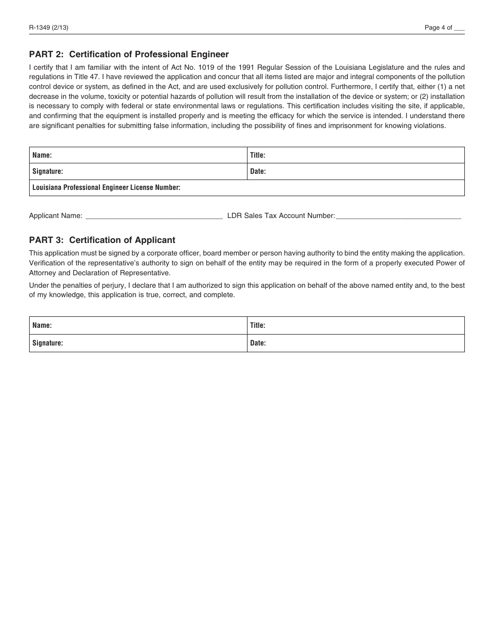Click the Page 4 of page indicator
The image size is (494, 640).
[x=444, y=28]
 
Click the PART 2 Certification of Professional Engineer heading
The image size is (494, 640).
[x=129, y=54]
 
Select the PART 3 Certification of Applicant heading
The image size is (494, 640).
[x=102, y=240]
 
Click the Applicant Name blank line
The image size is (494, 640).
[x=153, y=215]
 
